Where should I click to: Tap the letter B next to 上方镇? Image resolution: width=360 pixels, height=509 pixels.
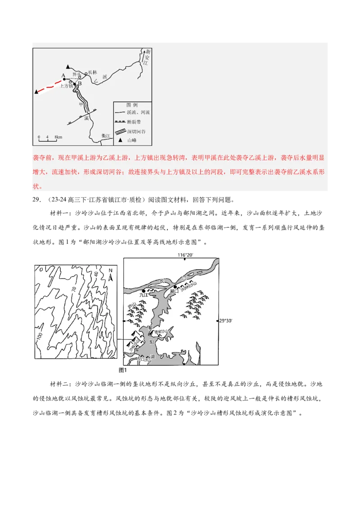tap(80, 84)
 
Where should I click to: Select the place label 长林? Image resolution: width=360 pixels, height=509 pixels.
tap(92, 72)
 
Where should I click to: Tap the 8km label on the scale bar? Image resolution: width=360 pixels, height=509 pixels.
tap(58, 137)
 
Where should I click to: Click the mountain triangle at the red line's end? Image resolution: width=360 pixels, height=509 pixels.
tap(36, 92)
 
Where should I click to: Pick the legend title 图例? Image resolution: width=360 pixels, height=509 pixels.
tap(131, 104)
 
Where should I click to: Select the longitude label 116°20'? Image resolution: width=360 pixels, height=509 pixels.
tap(185, 255)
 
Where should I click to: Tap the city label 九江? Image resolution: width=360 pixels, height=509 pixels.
tap(143, 295)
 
